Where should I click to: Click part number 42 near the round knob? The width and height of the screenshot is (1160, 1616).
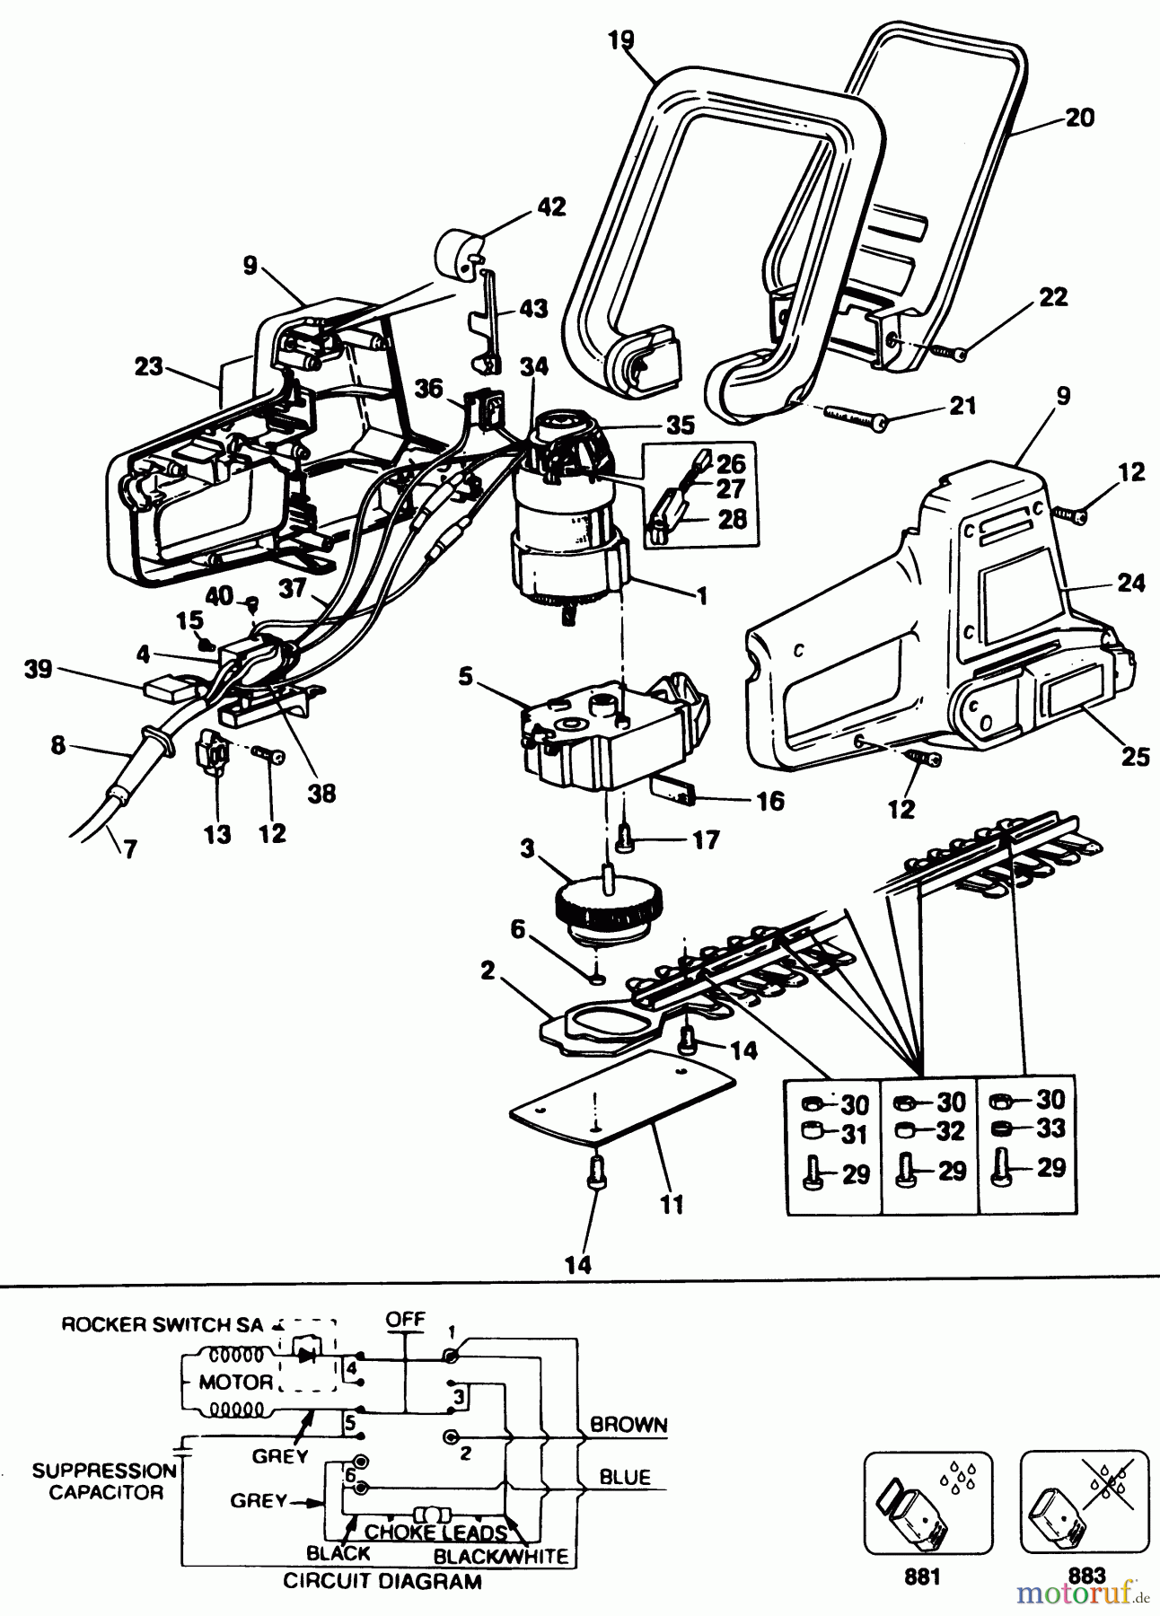(551, 206)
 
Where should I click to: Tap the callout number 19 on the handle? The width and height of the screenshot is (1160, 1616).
(620, 40)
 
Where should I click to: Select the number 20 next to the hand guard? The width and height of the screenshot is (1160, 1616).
(1080, 118)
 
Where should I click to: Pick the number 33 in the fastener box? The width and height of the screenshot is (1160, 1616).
(1050, 1128)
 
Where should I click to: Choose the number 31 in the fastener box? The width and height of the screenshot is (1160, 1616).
(854, 1134)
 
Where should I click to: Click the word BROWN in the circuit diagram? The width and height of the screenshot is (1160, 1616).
(628, 1425)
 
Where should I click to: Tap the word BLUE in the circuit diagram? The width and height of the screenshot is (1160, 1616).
(625, 1477)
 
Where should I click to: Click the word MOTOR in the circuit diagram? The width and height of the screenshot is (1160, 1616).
(235, 1382)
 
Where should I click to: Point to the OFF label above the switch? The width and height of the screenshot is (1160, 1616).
(405, 1320)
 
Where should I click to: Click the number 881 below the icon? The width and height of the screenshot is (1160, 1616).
(923, 1577)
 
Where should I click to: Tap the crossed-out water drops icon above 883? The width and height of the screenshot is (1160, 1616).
(1085, 1502)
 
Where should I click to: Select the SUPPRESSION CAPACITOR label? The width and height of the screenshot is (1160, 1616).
(105, 1481)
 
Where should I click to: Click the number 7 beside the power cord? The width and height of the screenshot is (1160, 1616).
(130, 849)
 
